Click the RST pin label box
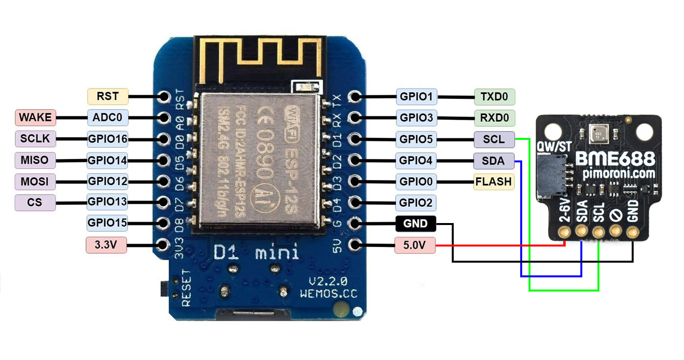pyautogui.click(x=108, y=96)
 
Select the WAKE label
pyautogui.click(x=35, y=118)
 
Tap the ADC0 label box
pyautogui.click(x=108, y=118)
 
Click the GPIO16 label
pyautogui.click(x=108, y=139)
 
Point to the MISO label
pyautogui.click(x=35, y=160)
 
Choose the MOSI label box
pyautogui.click(x=35, y=181)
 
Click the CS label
pyautogui.click(x=35, y=202)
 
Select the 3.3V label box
pyautogui.click(x=106, y=245)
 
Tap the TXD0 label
pyautogui.click(x=494, y=97)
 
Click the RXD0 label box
pyautogui.click(x=494, y=118)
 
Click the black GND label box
pyautogui.click(x=415, y=224)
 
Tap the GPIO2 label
pyautogui.click(x=416, y=202)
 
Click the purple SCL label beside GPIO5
pyautogui.click(x=494, y=139)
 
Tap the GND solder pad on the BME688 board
pyautogui.click(x=633, y=231)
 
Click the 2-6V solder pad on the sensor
pyautogui.click(x=565, y=231)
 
